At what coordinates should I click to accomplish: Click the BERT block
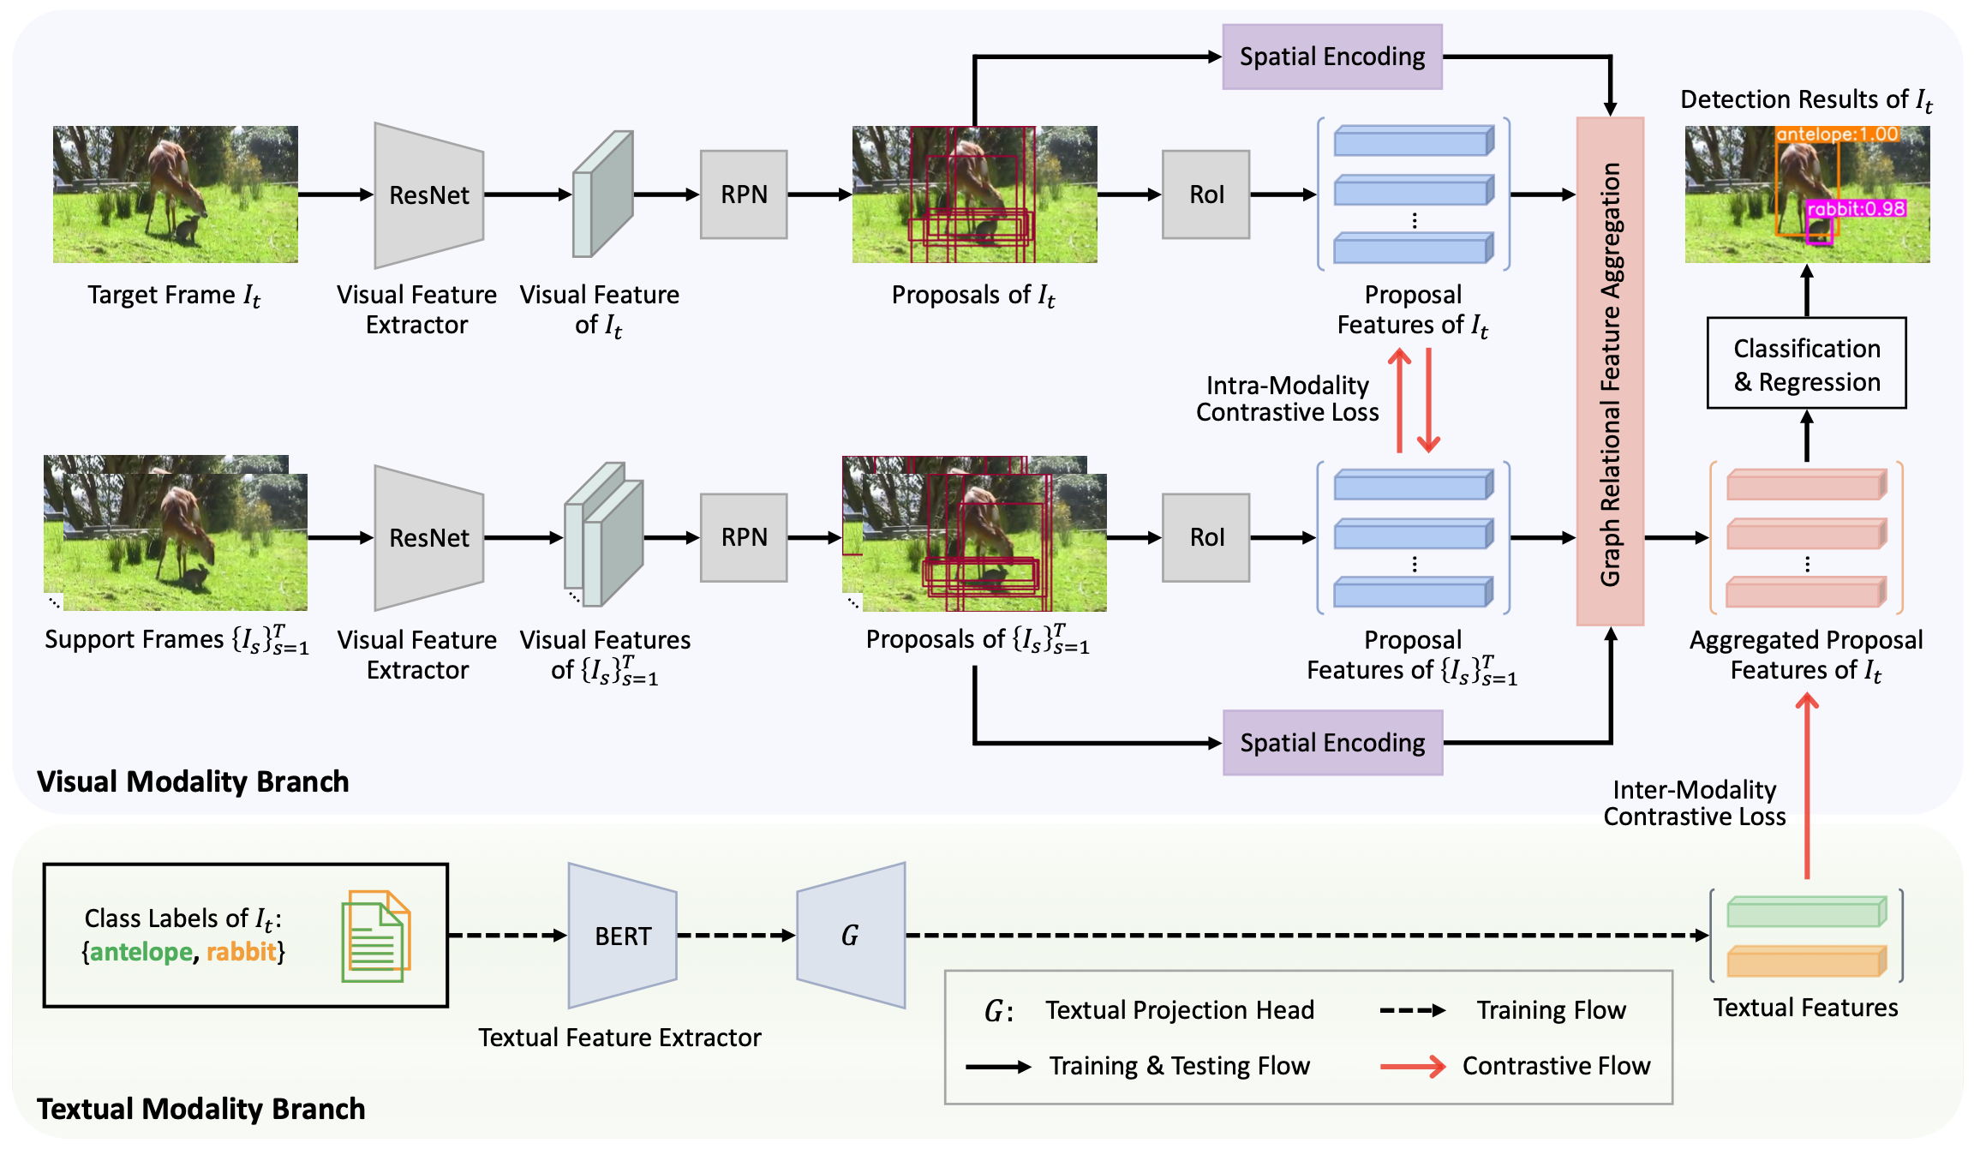click(x=623, y=936)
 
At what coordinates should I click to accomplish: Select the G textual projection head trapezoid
click(x=851, y=935)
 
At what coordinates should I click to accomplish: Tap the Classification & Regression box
click(x=1806, y=364)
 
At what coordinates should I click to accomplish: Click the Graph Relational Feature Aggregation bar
click(x=1610, y=372)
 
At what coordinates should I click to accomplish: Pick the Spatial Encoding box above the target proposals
click(x=1332, y=57)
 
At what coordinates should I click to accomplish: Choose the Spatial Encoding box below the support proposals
click(x=1332, y=743)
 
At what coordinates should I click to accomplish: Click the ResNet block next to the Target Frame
click(x=428, y=195)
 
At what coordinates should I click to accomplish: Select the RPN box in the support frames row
click(x=744, y=537)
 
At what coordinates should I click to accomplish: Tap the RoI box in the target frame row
click(x=1205, y=194)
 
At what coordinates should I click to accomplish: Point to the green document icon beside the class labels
click(x=375, y=937)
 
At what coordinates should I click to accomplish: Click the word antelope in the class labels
click(x=141, y=952)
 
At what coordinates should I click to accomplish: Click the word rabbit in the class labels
click(x=241, y=952)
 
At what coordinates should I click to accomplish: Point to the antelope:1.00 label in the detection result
click(x=1837, y=135)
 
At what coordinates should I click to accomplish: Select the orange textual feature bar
click(x=1806, y=961)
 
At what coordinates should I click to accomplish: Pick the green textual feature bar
click(x=1806, y=912)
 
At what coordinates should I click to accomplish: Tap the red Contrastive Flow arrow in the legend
click(x=1413, y=1067)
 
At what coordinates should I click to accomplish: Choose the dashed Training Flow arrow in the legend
click(x=1413, y=1011)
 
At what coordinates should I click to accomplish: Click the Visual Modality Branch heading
click(x=193, y=781)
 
